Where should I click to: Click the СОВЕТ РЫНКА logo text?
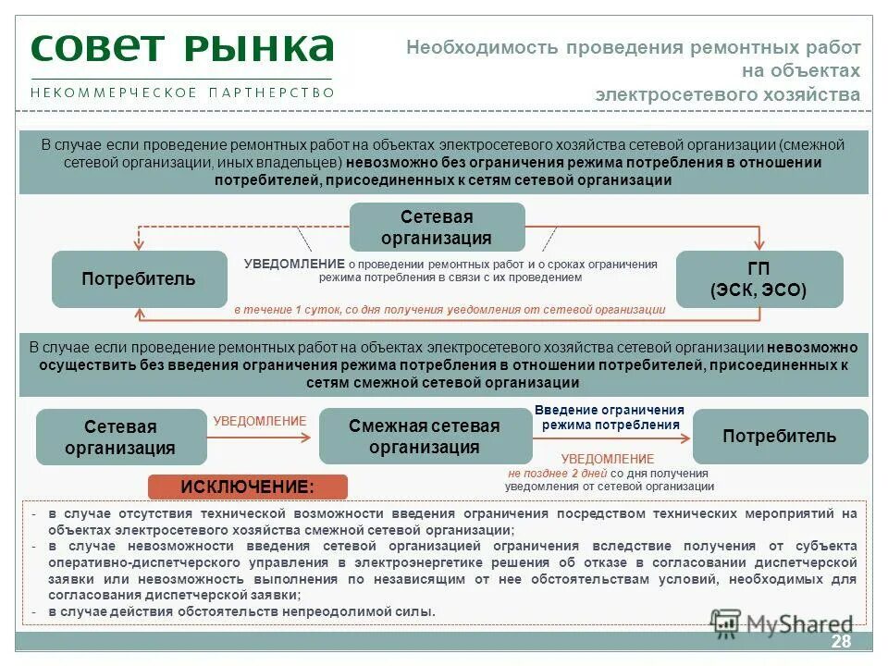(181, 49)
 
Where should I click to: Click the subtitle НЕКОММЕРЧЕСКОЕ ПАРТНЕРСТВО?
(181, 92)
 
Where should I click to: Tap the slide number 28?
(841, 643)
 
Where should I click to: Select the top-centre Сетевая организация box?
(437, 228)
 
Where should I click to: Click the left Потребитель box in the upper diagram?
(139, 279)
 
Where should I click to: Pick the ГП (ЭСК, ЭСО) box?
(758, 279)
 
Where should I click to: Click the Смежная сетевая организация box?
(425, 437)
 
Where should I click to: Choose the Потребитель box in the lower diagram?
(779, 437)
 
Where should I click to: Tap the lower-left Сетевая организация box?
(120, 437)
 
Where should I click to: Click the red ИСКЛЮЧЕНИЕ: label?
(247, 487)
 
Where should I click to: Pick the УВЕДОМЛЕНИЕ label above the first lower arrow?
(259, 422)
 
